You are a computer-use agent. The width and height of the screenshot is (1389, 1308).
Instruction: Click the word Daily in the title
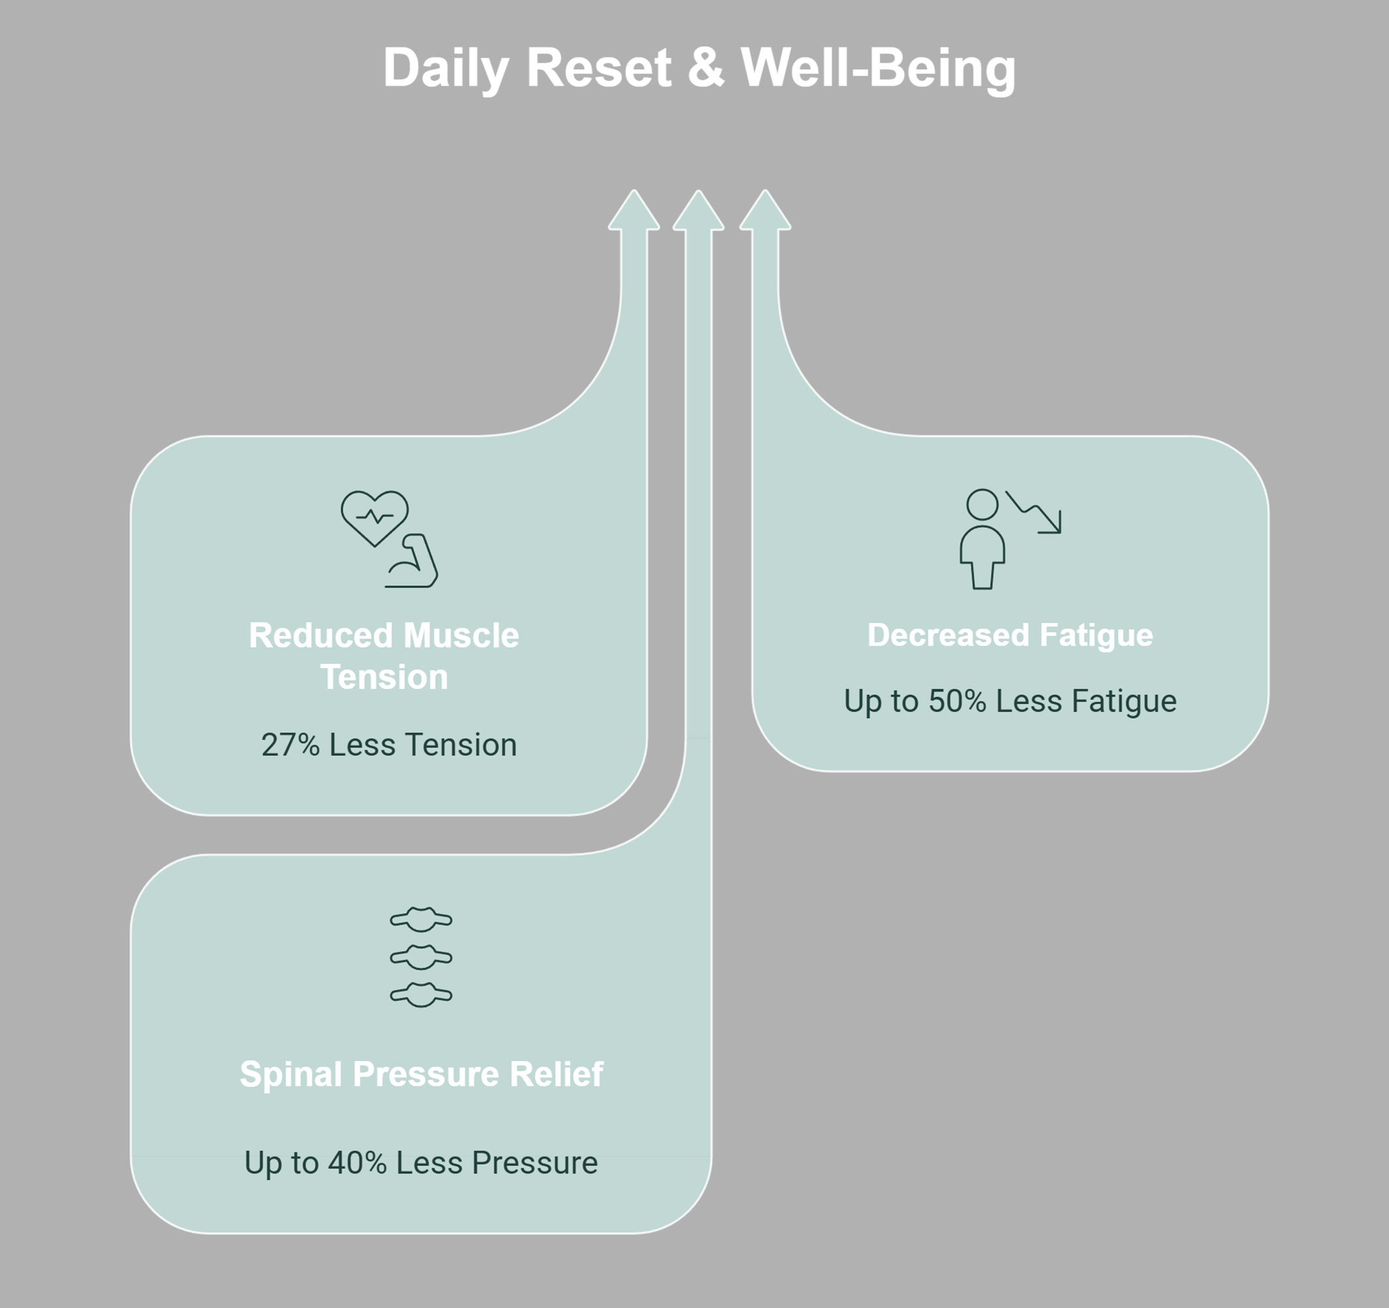(x=446, y=69)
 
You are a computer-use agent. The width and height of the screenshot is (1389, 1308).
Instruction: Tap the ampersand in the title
(x=706, y=68)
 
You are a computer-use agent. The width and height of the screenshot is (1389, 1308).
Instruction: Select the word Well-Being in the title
(x=878, y=69)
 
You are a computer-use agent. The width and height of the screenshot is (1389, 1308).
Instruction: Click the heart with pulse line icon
(x=375, y=518)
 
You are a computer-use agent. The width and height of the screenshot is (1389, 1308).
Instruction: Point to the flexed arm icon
(x=412, y=561)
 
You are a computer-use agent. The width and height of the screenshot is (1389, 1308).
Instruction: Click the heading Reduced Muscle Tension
(x=385, y=656)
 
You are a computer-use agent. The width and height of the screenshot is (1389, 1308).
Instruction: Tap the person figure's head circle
(x=982, y=504)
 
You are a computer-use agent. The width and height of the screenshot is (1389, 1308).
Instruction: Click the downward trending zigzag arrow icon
(x=1034, y=512)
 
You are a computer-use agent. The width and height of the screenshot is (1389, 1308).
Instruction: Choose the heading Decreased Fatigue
(x=1010, y=635)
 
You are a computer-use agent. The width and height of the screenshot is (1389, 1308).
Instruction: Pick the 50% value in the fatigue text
(x=957, y=701)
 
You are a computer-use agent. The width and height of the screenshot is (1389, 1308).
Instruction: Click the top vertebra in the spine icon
(x=421, y=920)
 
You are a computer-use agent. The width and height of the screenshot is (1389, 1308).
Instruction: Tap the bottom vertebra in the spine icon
(x=421, y=994)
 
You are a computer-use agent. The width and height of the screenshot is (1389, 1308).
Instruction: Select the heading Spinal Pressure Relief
(x=421, y=1075)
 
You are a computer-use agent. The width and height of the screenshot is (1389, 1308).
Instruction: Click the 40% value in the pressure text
(x=357, y=1163)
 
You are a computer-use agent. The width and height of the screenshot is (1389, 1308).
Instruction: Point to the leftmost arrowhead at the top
(x=634, y=211)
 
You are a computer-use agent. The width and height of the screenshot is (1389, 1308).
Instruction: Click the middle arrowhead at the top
(x=698, y=211)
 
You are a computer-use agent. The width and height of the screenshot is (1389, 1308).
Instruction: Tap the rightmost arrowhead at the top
(x=765, y=211)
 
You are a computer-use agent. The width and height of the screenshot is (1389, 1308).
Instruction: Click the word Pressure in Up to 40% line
(x=534, y=1163)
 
